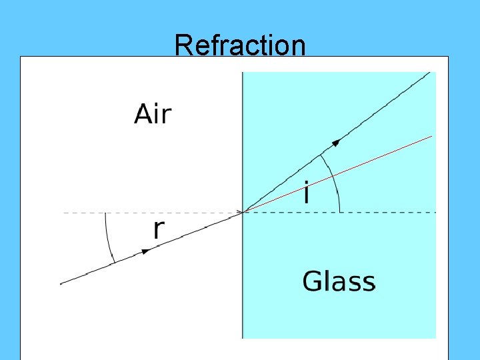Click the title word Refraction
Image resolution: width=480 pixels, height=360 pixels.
[x=240, y=45]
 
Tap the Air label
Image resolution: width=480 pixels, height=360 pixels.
[x=153, y=115]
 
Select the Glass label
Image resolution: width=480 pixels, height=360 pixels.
[x=339, y=281]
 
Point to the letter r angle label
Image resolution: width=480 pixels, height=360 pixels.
[x=159, y=229]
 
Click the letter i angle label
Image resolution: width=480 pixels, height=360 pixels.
[x=306, y=194]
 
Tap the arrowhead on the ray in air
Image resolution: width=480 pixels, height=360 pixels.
[x=145, y=251]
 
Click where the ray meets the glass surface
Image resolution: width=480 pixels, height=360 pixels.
[x=243, y=212]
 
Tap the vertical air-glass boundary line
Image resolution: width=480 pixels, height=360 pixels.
[x=243, y=293]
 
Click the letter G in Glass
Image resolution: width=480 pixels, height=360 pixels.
[x=312, y=281]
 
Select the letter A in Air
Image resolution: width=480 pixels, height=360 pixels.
[x=143, y=115]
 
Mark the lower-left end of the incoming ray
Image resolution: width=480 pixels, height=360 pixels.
[x=61, y=283]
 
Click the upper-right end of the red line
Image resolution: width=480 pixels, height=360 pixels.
[x=431, y=136]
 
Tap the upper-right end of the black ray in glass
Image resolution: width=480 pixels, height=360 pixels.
[x=430, y=73]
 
